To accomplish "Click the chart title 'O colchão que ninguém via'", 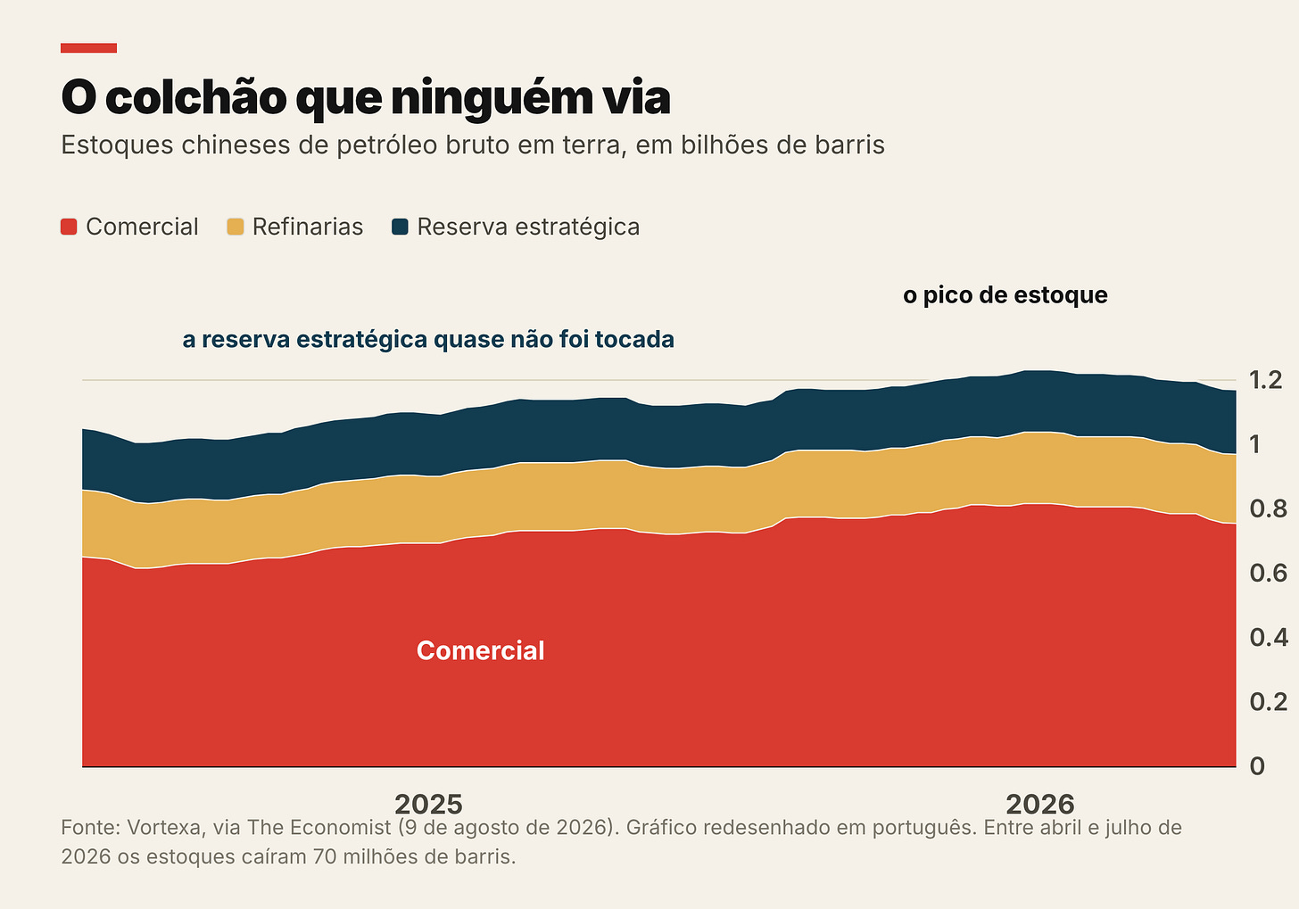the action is [x=366, y=98].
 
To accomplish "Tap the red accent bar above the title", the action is [x=88, y=48].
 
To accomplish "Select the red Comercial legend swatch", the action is [x=69, y=227].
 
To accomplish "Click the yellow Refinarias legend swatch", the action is [x=235, y=227].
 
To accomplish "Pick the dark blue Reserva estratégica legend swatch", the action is [x=400, y=227].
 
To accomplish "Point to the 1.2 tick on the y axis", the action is [x=1265, y=380].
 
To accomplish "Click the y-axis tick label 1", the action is [x=1255, y=444].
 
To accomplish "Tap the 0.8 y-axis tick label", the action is [x=1268, y=509].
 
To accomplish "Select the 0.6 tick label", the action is [x=1268, y=574].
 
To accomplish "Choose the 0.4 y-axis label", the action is [x=1269, y=638].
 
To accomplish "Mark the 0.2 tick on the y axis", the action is [x=1268, y=702].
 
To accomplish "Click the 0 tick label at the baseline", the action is [x=1257, y=766].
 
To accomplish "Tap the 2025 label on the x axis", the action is [x=428, y=805].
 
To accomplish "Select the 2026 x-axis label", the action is [x=1039, y=805].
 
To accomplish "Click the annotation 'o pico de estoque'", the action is [x=1005, y=295].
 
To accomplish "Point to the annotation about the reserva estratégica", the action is [x=428, y=340].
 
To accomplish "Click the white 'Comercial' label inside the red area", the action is [x=480, y=650].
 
